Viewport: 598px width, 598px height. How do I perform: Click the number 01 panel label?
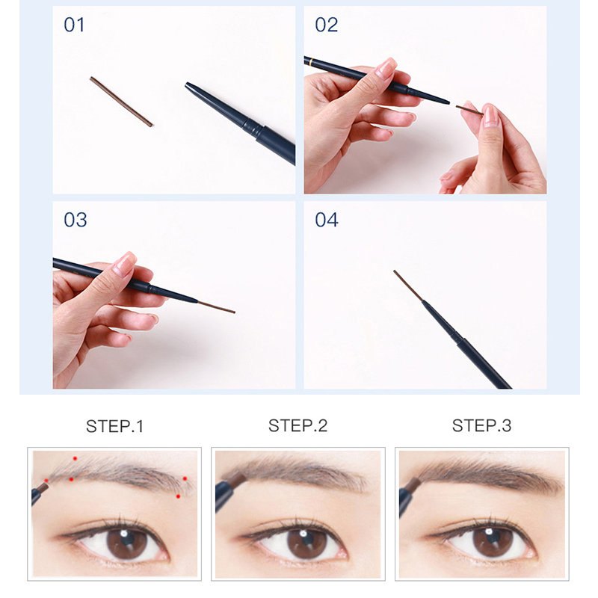click(x=74, y=25)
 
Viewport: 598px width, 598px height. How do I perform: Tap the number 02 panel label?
click(x=326, y=25)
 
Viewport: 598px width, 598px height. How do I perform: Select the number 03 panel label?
click(x=75, y=220)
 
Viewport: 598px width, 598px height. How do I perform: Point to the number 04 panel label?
click(x=326, y=220)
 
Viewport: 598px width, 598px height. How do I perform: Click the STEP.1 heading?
click(x=114, y=427)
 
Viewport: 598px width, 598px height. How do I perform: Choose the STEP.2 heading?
click(x=298, y=426)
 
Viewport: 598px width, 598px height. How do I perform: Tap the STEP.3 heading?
click(x=481, y=426)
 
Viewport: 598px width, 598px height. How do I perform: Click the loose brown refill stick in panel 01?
click(x=121, y=102)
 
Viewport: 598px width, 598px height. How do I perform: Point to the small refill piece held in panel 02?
click(x=469, y=111)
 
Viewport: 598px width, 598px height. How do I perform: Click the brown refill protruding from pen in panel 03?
click(x=216, y=307)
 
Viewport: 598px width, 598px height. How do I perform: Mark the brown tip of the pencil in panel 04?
click(x=408, y=286)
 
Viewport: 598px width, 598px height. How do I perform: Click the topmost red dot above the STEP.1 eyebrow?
click(x=74, y=457)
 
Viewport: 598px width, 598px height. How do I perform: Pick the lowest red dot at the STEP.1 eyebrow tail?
click(x=178, y=496)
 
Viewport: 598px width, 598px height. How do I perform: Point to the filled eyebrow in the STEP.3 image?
click(x=486, y=473)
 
